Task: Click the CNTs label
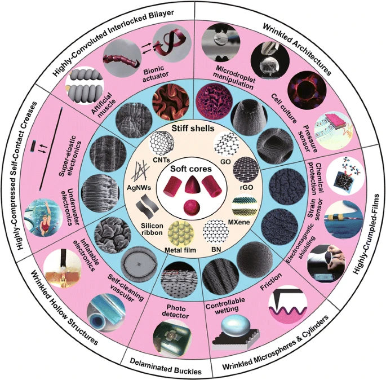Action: coord(161,160)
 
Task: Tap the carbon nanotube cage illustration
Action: coord(162,143)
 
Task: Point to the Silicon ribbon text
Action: coord(152,229)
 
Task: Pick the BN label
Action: coord(216,249)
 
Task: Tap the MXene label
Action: coord(239,222)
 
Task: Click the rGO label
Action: coord(246,187)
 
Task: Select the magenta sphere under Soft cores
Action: coord(191,207)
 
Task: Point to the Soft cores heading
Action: coord(191,169)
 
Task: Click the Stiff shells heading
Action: coord(193,129)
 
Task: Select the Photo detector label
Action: coord(176,311)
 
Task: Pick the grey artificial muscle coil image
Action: coord(85,86)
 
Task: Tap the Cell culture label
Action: coord(284,108)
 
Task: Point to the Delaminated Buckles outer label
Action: coord(166,366)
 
